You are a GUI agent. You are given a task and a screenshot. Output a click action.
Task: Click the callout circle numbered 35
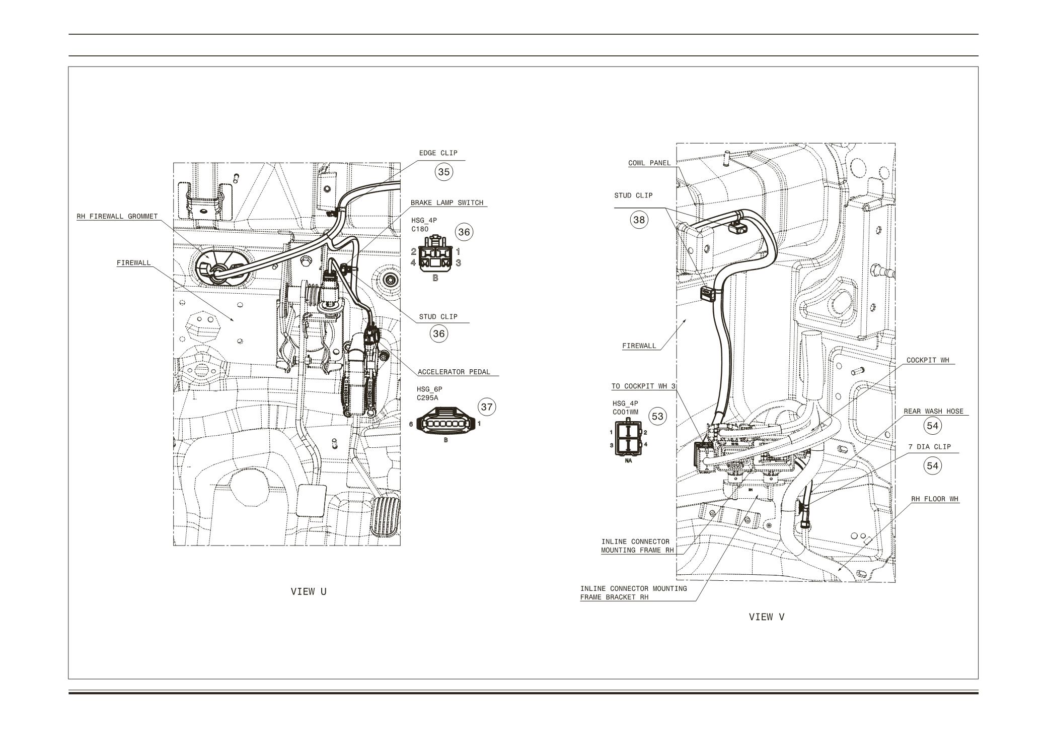pyautogui.click(x=443, y=172)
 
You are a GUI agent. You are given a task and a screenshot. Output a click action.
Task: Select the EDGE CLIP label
pyautogui.click(x=438, y=153)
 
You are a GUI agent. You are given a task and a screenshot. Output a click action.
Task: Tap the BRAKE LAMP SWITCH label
pyautogui.click(x=446, y=203)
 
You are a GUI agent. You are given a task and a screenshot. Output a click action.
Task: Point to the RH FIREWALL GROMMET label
pyautogui.click(x=117, y=217)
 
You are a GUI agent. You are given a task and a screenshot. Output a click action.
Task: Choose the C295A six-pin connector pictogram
pyautogui.click(x=445, y=424)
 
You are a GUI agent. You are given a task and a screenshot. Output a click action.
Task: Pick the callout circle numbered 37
pyautogui.click(x=486, y=407)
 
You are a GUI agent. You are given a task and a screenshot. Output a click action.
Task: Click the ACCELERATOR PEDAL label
pyautogui.click(x=454, y=372)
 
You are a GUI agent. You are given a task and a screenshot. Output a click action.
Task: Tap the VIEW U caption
pyautogui.click(x=309, y=591)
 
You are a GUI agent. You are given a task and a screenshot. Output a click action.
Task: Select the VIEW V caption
pyautogui.click(x=766, y=617)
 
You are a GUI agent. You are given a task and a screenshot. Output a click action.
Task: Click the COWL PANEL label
pyautogui.click(x=649, y=163)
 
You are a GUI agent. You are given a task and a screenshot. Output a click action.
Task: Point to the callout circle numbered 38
pyautogui.click(x=639, y=220)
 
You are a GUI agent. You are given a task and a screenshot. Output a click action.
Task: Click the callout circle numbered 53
pyautogui.click(x=657, y=416)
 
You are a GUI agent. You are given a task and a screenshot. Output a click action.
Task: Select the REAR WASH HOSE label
pyautogui.click(x=933, y=412)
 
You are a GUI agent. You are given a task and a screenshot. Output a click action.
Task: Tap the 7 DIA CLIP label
pyautogui.click(x=929, y=447)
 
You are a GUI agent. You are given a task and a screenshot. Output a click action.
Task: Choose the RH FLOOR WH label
pyautogui.click(x=935, y=499)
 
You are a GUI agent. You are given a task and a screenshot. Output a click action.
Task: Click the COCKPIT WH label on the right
pyautogui.click(x=927, y=361)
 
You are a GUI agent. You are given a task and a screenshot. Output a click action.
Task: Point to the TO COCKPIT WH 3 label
pyautogui.click(x=643, y=386)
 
